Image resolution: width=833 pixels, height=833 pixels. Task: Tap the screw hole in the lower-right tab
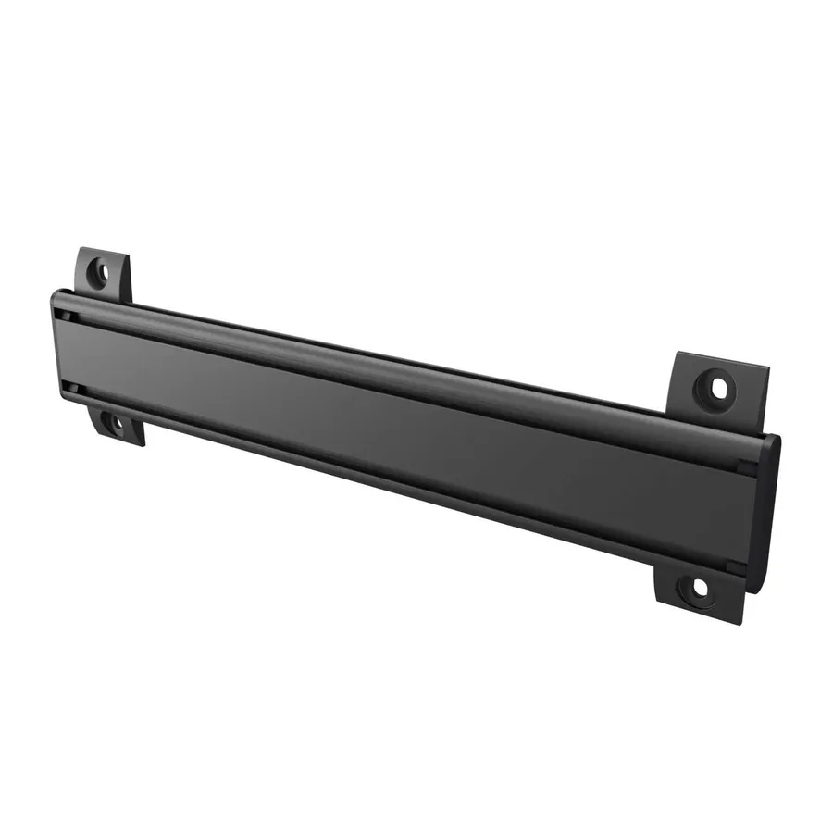click(x=698, y=587)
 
